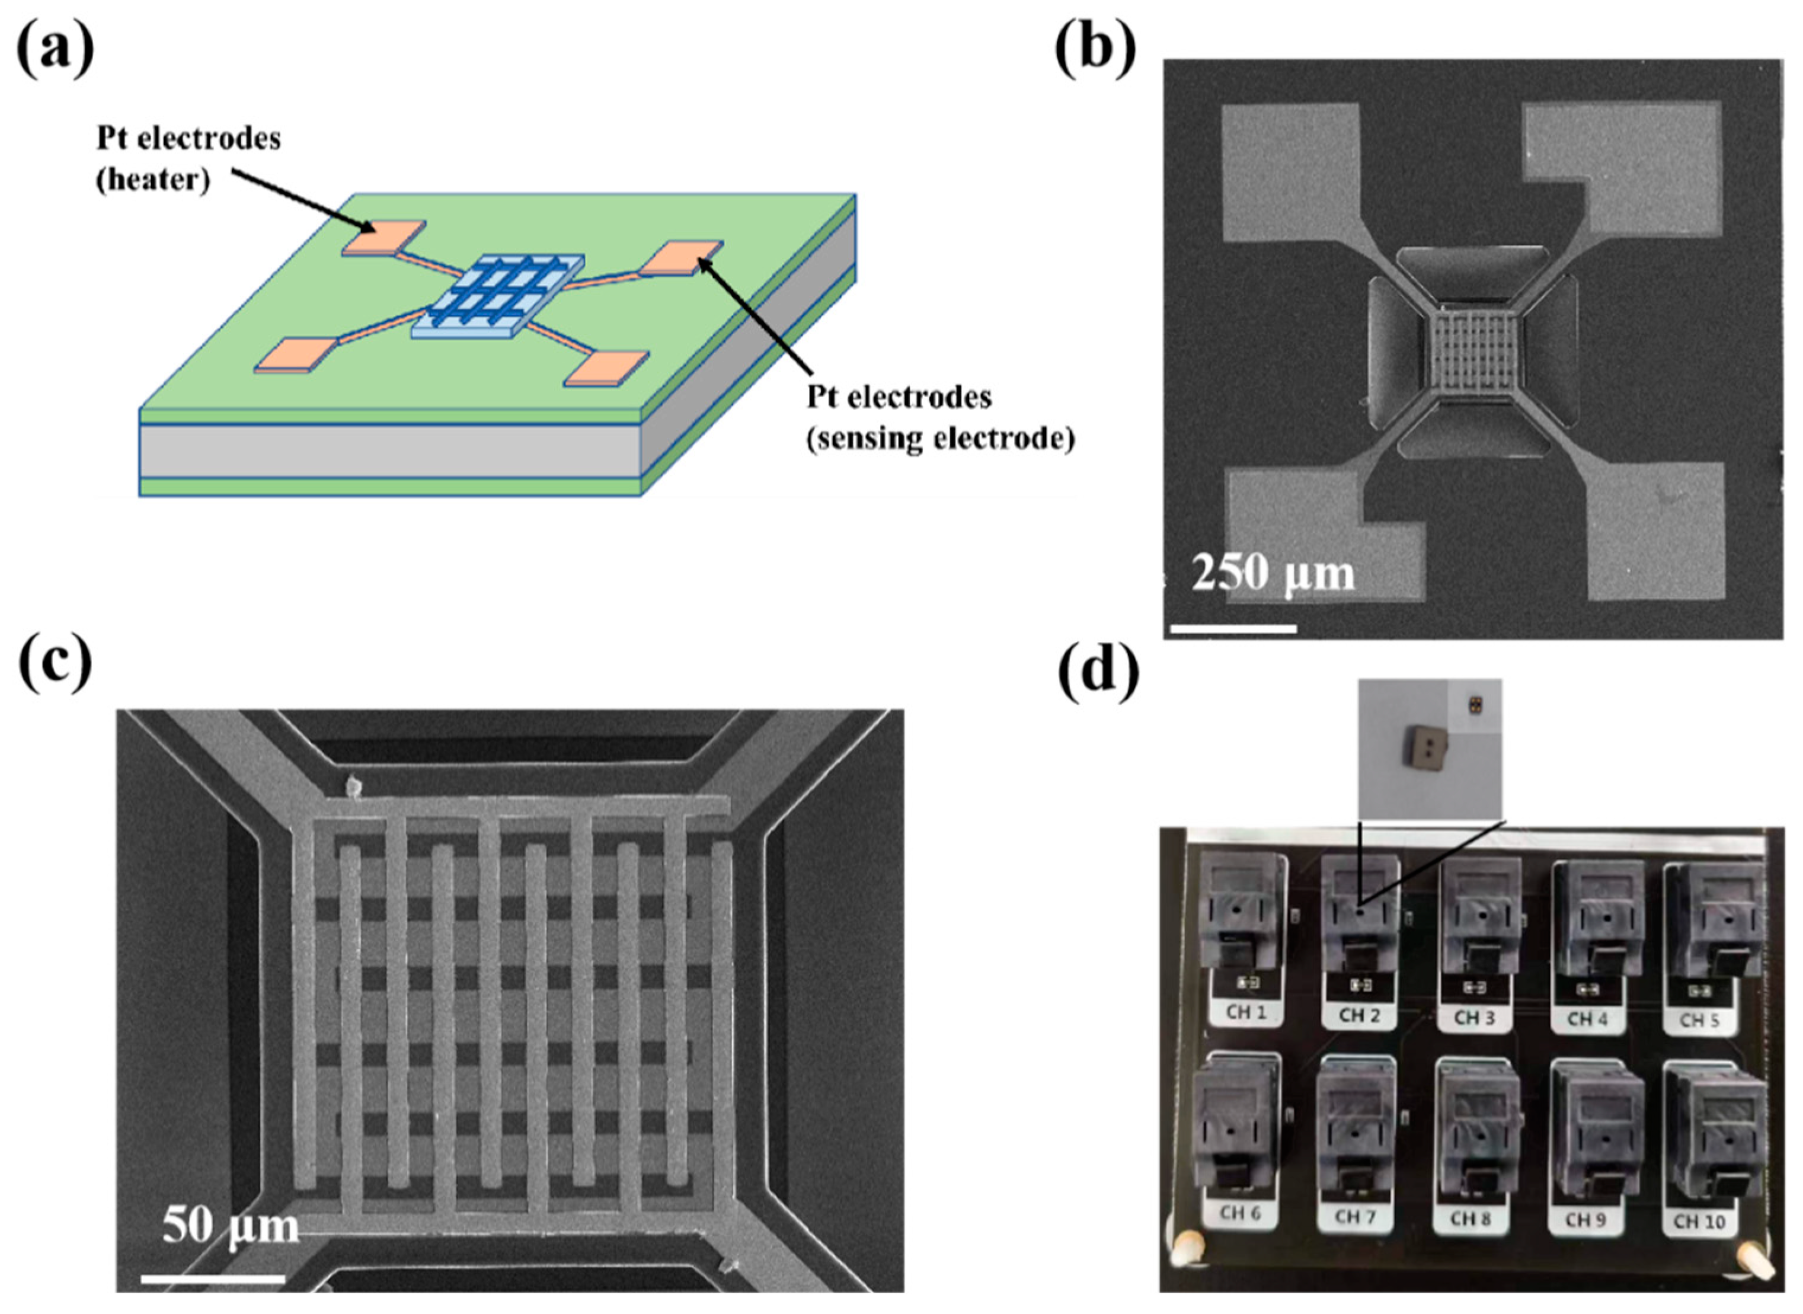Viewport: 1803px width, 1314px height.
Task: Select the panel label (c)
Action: [x=54, y=666]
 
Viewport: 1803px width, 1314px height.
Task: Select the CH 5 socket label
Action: [x=1700, y=1019]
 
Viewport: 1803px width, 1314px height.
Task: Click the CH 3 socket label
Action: [x=1473, y=1017]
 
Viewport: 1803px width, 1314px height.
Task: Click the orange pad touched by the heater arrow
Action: [x=383, y=237]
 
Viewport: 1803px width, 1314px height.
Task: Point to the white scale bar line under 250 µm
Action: [x=1233, y=628]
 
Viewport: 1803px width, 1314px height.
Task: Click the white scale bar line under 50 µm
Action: [x=213, y=1279]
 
